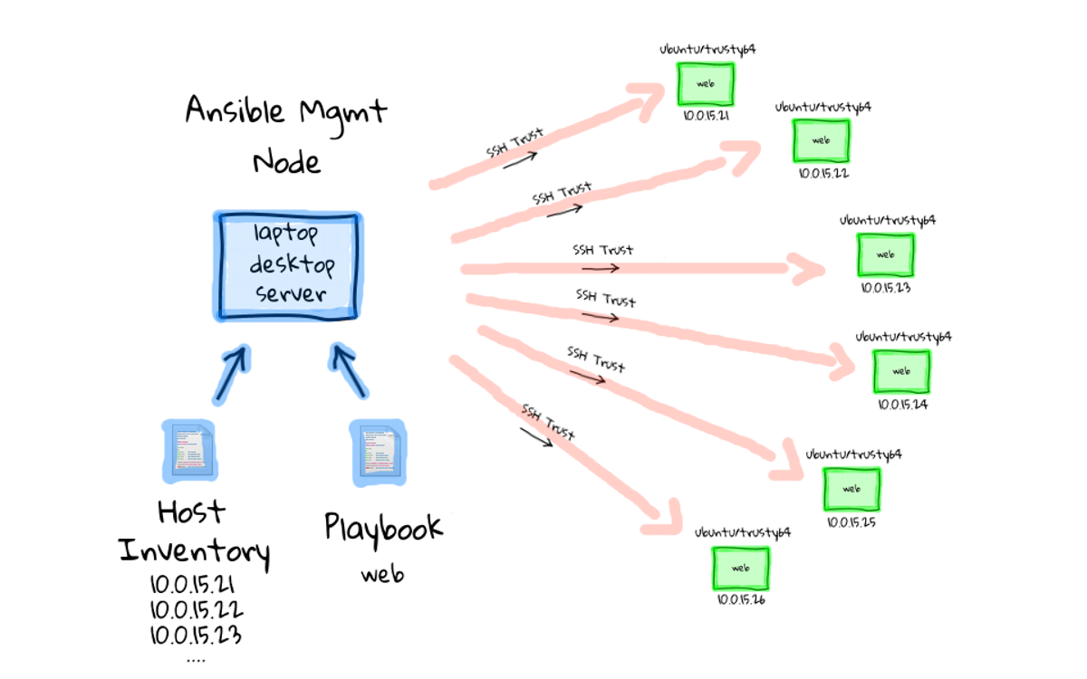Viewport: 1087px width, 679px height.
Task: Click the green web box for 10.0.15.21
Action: tap(705, 83)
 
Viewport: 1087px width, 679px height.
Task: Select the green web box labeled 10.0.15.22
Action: tap(821, 140)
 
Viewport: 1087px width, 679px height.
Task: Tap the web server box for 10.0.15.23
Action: tap(886, 254)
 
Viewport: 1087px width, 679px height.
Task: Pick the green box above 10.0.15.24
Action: tap(901, 370)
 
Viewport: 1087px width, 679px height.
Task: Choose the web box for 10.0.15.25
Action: tap(851, 488)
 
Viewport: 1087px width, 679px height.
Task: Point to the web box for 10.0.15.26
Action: tap(740, 568)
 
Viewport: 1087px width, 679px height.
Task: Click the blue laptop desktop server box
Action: tap(287, 264)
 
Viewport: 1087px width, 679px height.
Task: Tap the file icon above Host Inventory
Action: tap(190, 449)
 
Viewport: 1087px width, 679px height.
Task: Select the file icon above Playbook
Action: tap(378, 449)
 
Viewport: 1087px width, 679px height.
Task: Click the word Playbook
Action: tap(383, 527)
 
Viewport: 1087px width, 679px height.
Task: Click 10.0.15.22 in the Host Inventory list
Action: tap(196, 609)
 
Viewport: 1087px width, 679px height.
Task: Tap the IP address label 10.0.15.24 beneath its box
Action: tap(901, 405)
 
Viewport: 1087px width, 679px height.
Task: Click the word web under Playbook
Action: tap(381, 574)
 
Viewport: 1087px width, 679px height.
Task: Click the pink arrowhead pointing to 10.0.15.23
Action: tap(808, 268)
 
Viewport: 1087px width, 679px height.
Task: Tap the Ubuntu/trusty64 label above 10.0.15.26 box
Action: tap(743, 532)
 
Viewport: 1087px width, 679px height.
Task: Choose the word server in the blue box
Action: tap(290, 293)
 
